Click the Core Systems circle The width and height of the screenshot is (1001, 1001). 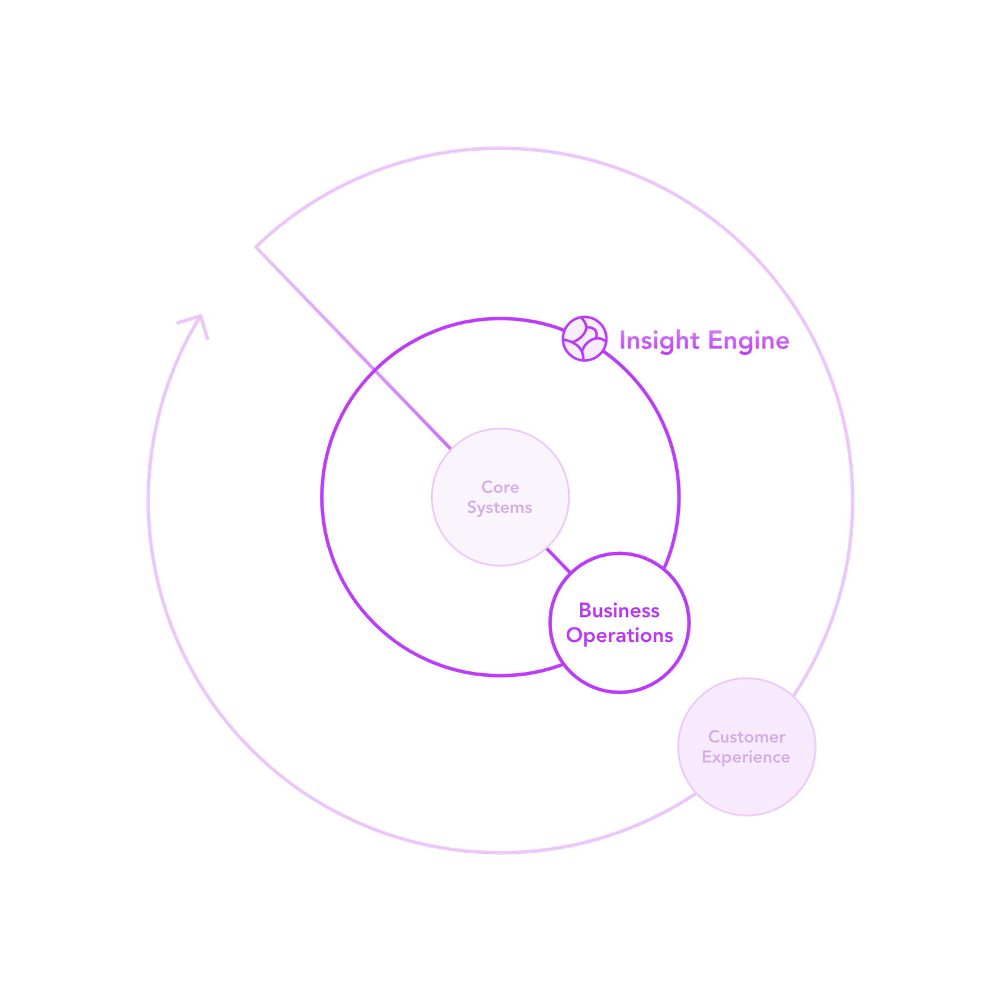click(500, 497)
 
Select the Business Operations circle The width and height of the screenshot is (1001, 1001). click(619, 622)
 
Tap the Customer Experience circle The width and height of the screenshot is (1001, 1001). click(747, 747)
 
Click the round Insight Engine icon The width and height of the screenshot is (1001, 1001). click(584, 338)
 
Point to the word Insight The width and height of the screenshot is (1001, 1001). click(659, 341)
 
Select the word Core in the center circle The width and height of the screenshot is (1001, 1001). click(500, 487)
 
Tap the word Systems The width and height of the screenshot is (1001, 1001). click(499, 508)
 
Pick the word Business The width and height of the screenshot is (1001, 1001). click(619, 611)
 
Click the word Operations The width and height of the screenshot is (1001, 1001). click(619, 636)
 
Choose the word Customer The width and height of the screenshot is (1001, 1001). click(746, 737)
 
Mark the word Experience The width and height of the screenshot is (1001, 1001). click(746, 758)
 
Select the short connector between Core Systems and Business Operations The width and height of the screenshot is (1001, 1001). click(558, 561)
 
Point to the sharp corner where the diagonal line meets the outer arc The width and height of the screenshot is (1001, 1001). click(256, 247)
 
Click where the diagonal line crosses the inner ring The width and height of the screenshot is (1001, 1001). click(375, 370)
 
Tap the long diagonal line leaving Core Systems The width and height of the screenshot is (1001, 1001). click(353, 348)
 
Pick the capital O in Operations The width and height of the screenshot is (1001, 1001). click(574, 636)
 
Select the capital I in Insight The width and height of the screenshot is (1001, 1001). click(622, 341)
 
